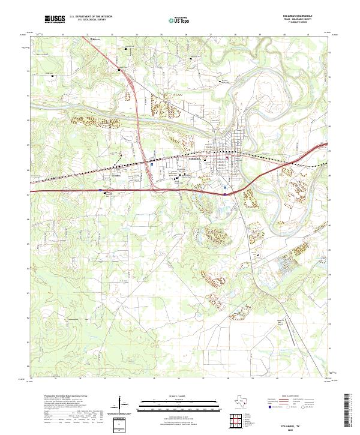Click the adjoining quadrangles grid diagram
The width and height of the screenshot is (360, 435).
click(x=239, y=419)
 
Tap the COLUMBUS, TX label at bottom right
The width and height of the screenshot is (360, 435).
click(x=304, y=424)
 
